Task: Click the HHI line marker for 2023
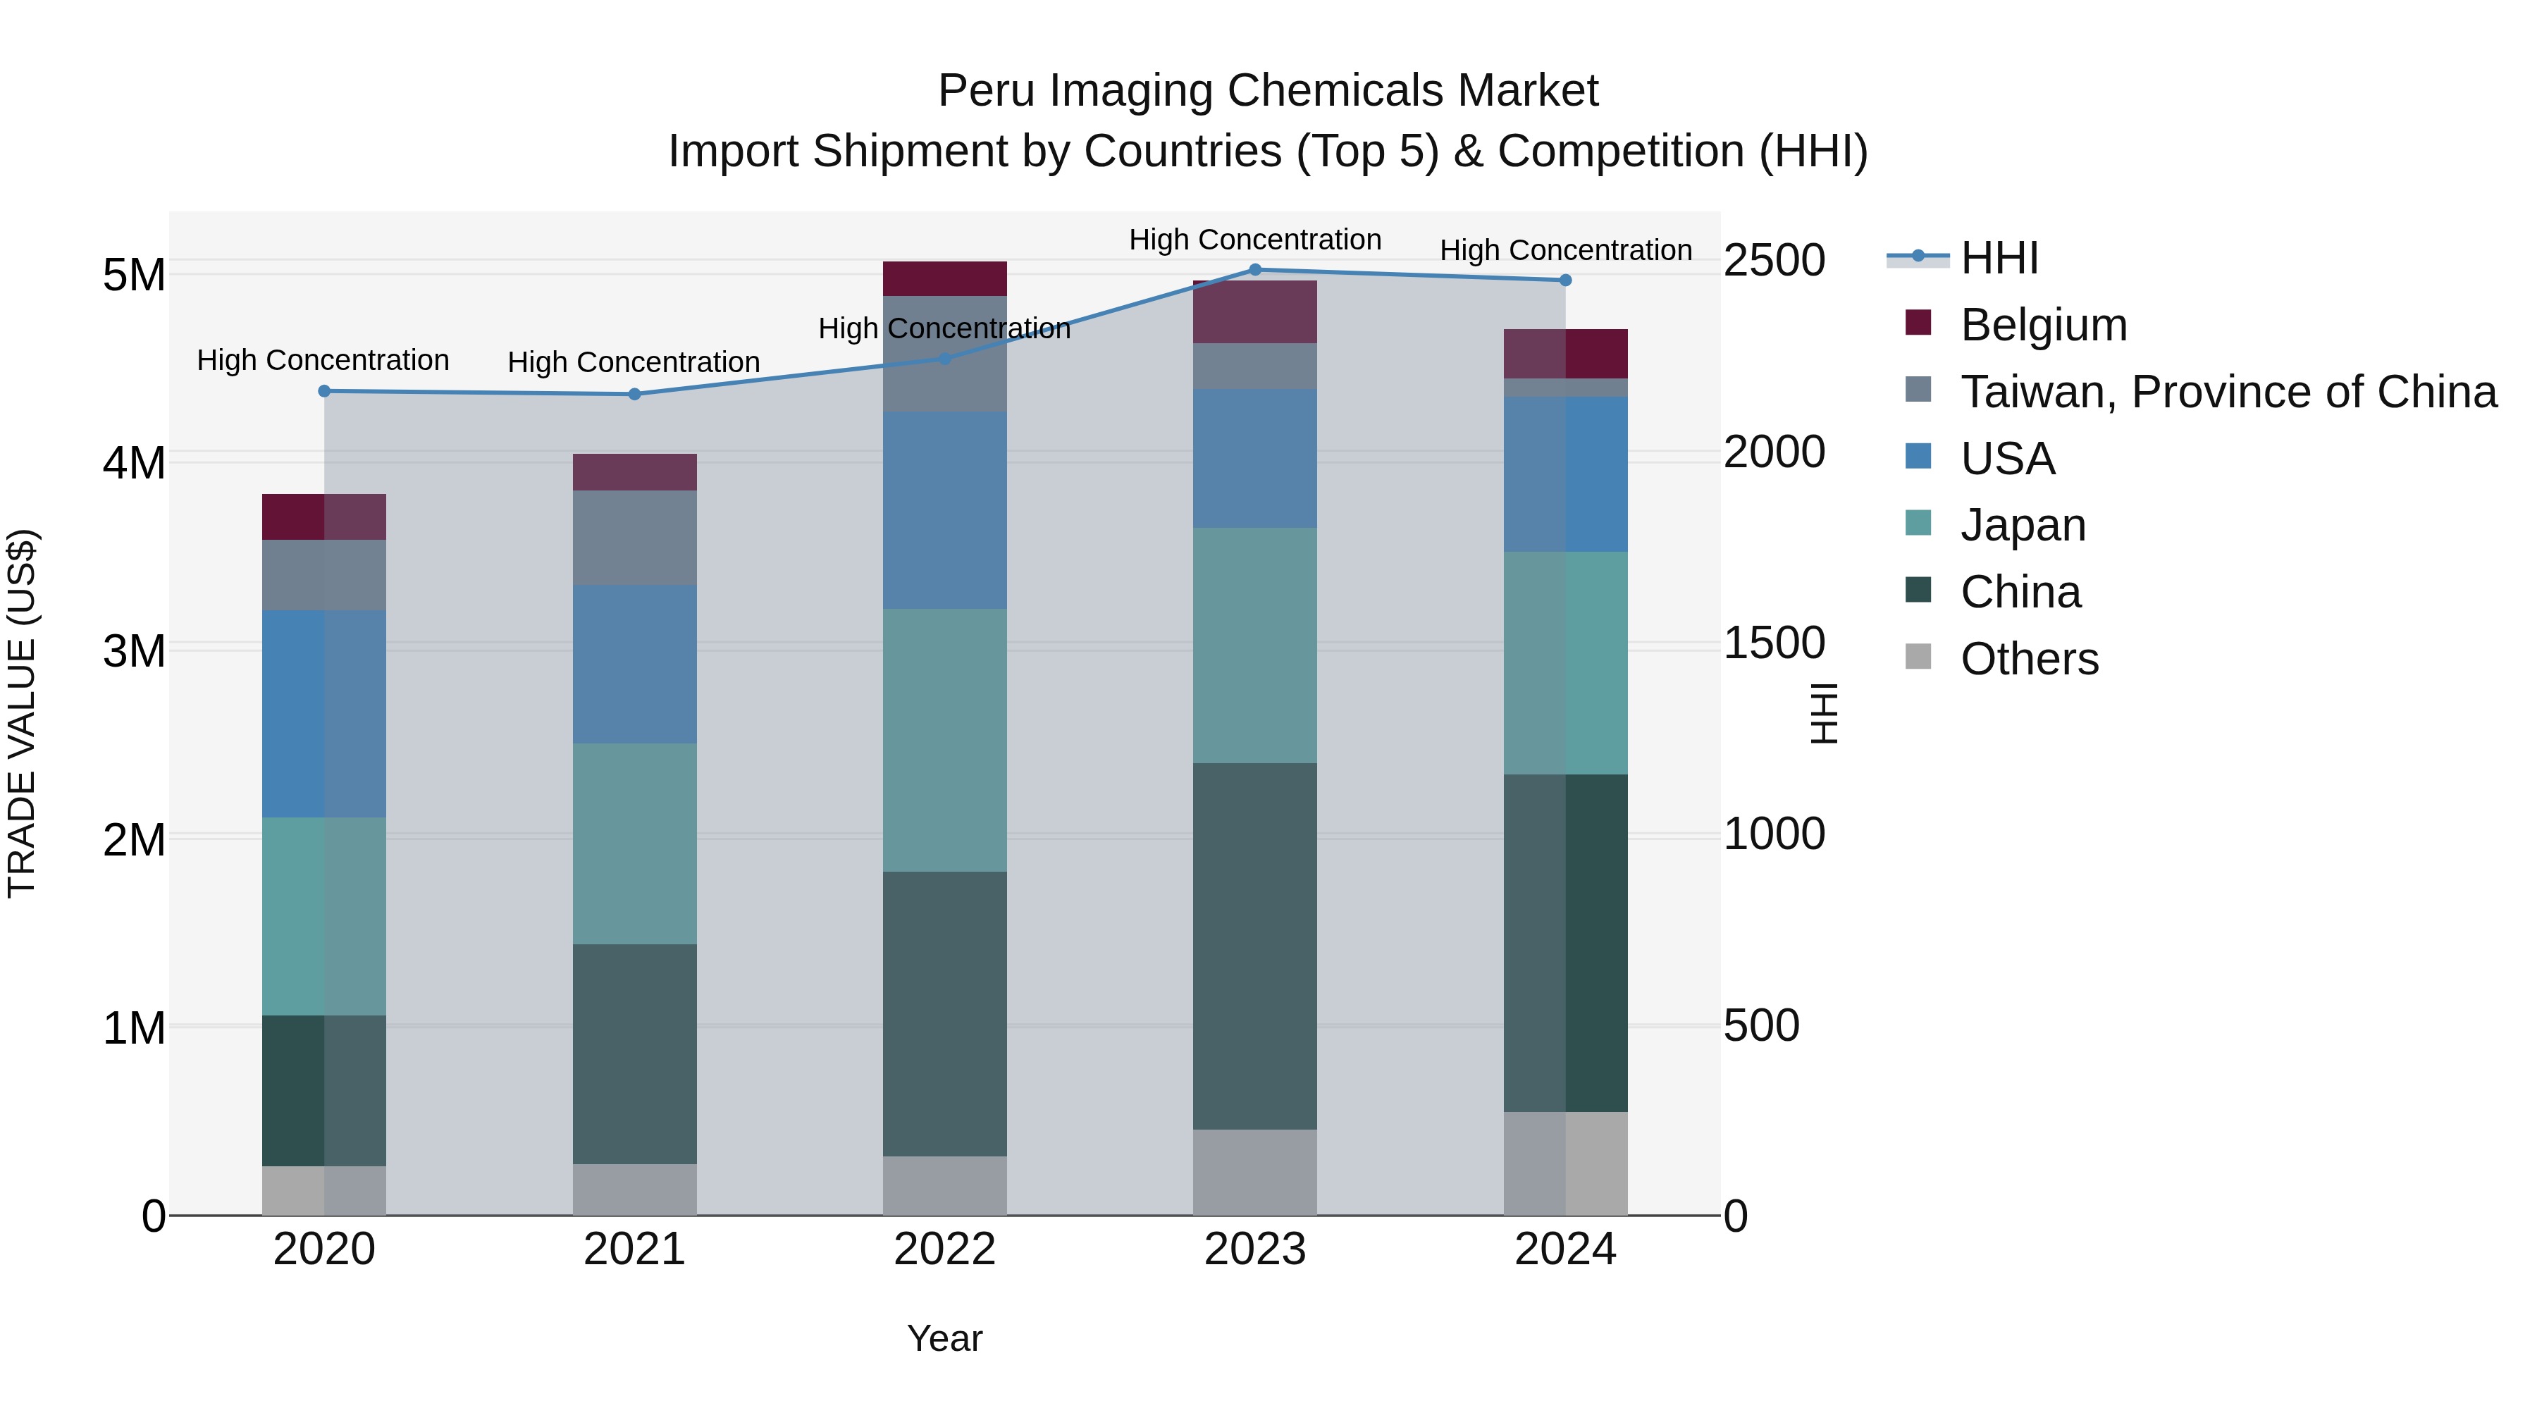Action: pos(1254,270)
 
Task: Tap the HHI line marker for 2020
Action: pos(324,391)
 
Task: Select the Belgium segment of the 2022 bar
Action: pos(944,278)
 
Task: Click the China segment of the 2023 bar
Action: pos(1254,946)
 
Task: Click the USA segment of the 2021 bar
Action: pos(634,664)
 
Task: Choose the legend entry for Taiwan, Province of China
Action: pos(2228,392)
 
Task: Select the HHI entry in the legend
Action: pos(1999,258)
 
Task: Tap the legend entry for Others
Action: pos(2029,659)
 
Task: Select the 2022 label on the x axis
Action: pos(944,1249)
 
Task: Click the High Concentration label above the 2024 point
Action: pos(1565,250)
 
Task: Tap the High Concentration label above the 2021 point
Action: pos(634,362)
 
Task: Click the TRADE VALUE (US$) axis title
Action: pos(23,713)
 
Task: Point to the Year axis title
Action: pos(944,1338)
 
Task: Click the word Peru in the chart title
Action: pos(988,91)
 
